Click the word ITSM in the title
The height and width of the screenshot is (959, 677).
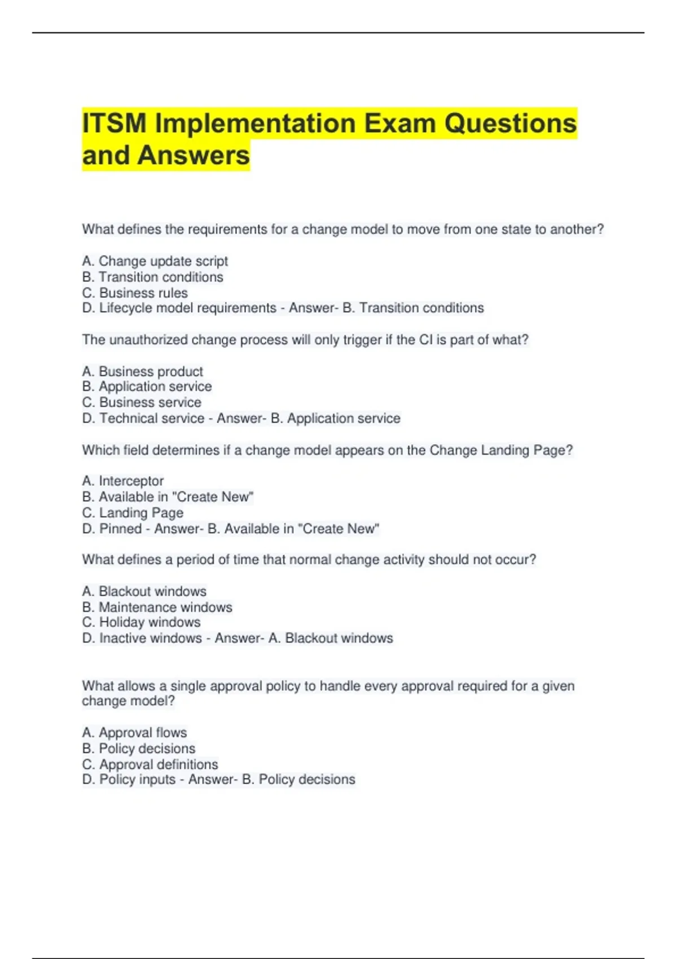pyautogui.click(x=115, y=124)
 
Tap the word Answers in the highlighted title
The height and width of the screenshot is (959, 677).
pyautogui.click(x=194, y=156)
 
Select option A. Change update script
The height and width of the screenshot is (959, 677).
pyautogui.click(x=155, y=261)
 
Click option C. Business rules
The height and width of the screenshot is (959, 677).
pyautogui.click(x=135, y=293)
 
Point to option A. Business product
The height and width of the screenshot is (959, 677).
pyautogui.click(x=143, y=371)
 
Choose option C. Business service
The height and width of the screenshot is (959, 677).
pyautogui.click(x=142, y=402)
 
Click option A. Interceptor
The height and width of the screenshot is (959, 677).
pyautogui.click(x=123, y=481)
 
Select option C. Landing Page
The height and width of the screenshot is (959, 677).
pyautogui.click(x=133, y=513)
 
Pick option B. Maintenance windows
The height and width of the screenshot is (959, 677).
pyautogui.click(x=157, y=607)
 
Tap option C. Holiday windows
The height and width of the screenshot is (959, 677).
pyautogui.click(x=141, y=622)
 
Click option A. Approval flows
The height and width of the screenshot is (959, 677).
pyautogui.click(x=134, y=732)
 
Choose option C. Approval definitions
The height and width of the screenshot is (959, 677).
pyautogui.click(x=150, y=764)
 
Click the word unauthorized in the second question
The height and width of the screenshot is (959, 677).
pyautogui.click(x=150, y=340)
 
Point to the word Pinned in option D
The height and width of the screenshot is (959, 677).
pyautogui.click(x=121, y=529)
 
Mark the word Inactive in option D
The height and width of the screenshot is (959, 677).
pyautogui.click(x=122, y=638)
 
